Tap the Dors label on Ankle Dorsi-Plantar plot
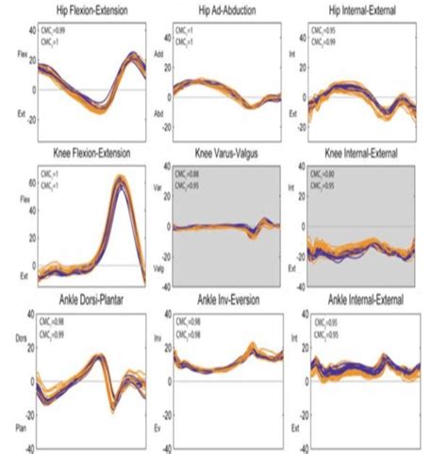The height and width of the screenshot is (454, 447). click(x=16, y=361)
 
